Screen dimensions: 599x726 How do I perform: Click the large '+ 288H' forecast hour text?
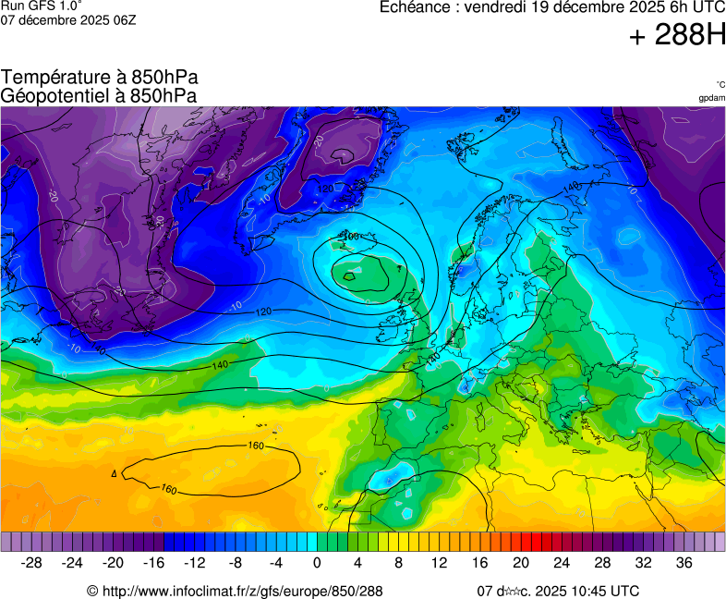coord(677,36)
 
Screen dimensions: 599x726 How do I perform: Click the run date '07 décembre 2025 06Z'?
coord(68,19)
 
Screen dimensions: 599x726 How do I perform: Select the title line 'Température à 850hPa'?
coord(100,78)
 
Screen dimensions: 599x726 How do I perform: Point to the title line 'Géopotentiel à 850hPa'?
coord(99,95)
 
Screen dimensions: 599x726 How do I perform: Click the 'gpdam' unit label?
coord(711,98)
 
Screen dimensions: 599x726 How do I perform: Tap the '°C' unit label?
coord(720,84)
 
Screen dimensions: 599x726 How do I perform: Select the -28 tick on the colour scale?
coord(31,562)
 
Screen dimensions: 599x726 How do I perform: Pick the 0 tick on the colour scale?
coord(317,562)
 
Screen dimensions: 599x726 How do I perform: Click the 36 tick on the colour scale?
coord(684,562)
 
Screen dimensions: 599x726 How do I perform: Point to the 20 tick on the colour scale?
coord(521,562)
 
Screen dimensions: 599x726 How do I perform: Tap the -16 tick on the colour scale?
coord(153,562)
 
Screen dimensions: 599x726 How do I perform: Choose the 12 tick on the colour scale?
coord(439,562)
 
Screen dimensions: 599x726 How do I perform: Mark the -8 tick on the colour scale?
coord(235,562)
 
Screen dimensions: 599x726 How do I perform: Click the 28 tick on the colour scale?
coord(602,562)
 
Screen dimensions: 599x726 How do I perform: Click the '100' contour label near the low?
coord(350,237)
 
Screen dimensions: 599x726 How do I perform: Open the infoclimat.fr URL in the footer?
coord(242,591)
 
